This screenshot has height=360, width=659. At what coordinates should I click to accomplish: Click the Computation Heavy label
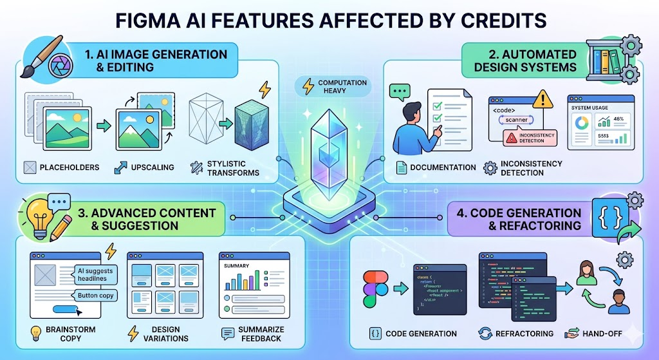coord(342,87)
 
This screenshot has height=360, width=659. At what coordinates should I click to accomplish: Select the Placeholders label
coord(70,167)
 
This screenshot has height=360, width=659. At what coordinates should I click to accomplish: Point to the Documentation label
coord(442,167)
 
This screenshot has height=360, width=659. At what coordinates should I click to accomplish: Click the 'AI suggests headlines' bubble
coord(95,275)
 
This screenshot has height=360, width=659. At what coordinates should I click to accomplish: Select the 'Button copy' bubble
coord(97,296)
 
